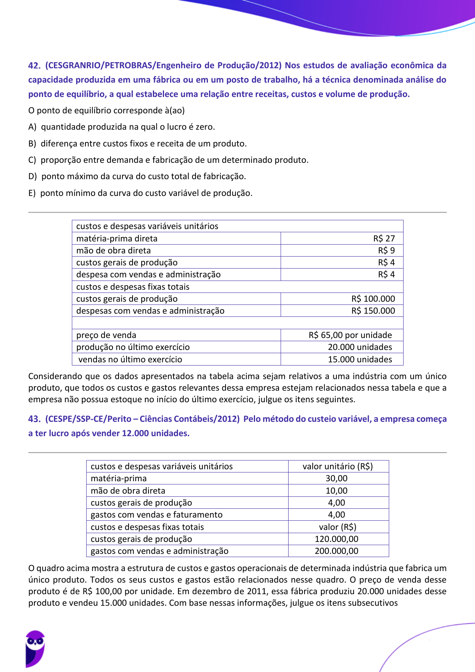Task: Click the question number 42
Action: click(34, 66)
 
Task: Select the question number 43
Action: click(34, 419)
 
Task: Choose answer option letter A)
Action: click(32, 127)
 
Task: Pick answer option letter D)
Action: click(33, 176)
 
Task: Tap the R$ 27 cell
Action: click(384, 239)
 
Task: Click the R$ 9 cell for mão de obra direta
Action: click(386, 251)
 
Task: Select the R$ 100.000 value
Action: click(373, 299)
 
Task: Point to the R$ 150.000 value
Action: click(373, 311)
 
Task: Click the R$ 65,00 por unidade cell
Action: click(350, 335)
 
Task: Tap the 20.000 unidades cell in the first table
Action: click(360, 347)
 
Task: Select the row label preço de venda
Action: click(106, 335)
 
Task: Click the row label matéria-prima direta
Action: click(117, 239)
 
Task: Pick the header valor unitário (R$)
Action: click(338, 466)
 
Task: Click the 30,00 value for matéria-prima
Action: click(336, 478)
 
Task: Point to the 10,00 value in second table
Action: click(336, 491)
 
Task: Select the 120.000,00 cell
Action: click(336, 539)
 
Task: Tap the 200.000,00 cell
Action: click(336, 551)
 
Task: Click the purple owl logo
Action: click(35, 648)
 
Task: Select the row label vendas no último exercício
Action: click(130, 360)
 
